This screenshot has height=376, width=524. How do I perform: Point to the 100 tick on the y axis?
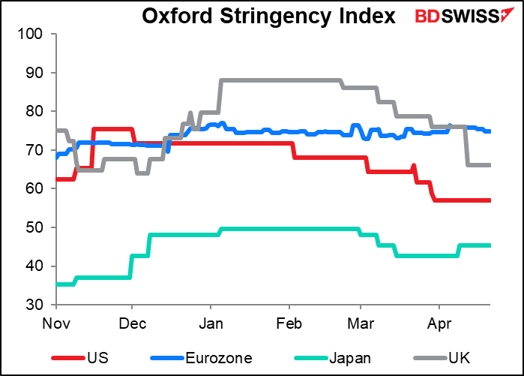pyautogui.click(x=36, y=35)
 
